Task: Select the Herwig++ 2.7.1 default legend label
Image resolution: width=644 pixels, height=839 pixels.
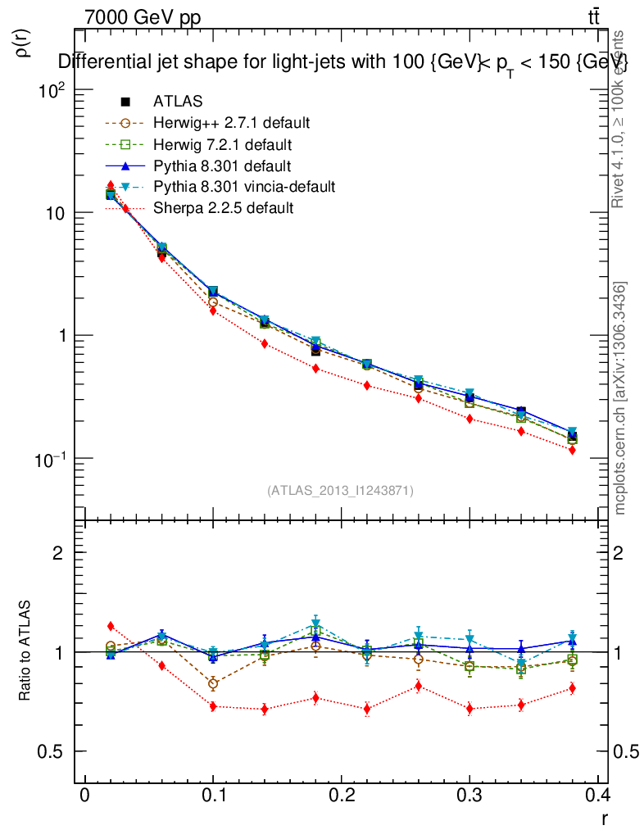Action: pos(231,123)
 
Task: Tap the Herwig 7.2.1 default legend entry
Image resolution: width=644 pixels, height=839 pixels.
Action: pos(222,145)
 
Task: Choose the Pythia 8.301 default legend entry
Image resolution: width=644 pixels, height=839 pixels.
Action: pos(222,166)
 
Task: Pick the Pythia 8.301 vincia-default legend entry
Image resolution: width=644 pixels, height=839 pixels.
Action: pos(244,187)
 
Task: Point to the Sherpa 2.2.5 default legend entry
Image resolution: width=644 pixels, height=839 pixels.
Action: pos(223,208)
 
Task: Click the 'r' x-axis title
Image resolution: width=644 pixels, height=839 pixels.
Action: pos(604,817)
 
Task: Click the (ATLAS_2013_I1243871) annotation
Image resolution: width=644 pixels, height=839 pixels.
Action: pos(340,490)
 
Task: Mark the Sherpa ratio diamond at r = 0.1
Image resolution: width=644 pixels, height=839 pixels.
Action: pos(213,706)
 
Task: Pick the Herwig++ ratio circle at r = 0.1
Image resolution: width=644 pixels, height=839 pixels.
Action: pos(213,683)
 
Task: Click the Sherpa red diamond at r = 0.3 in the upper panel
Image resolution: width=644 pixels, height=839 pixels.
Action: pos(469,419)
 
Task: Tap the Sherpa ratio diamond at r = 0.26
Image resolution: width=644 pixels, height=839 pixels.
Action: pos(418,686)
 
